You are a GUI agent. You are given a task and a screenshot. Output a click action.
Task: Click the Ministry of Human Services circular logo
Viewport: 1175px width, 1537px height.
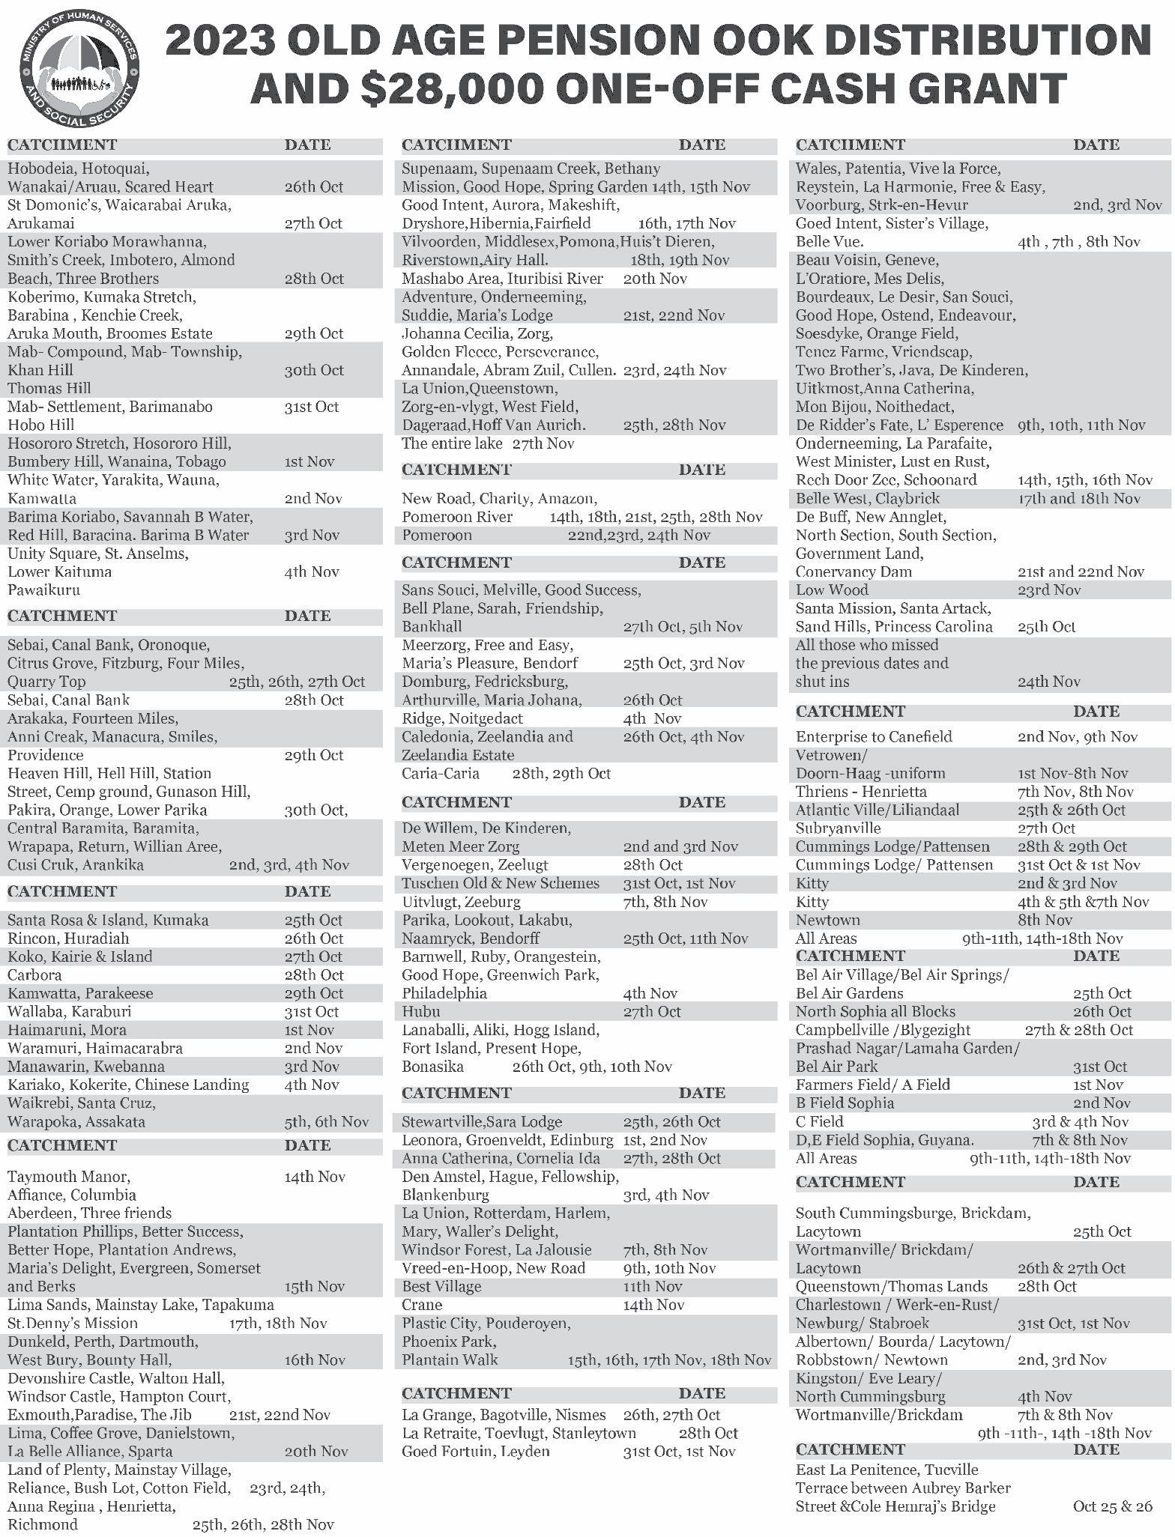pyautogui.click(x=81, y=68)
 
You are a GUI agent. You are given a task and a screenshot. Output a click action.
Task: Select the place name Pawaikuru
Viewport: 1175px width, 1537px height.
pyautogui.click(x=43, y=590)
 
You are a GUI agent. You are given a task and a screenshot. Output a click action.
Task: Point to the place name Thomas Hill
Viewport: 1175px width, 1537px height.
pyautogui.click(x=49, y=388)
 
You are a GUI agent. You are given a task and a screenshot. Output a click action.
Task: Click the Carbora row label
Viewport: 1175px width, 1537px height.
pyautogui.click(x=34, y=975)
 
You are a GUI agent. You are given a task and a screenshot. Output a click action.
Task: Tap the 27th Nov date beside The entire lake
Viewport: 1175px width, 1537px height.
pyautogui.click(x=543, y=443)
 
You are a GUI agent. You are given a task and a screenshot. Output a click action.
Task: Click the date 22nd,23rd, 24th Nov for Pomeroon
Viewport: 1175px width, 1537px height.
pyautogui.click(x=638, y=535)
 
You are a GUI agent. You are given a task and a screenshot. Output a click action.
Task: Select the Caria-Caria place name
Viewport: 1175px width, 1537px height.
pyautogui.click(x=441, y=773)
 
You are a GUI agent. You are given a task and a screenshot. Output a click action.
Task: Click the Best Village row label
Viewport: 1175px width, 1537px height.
pyautogui.click(x=441, y=1287)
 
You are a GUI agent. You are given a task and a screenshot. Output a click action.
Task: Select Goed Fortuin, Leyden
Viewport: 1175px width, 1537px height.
pyautogui.click(x=476, y=1452)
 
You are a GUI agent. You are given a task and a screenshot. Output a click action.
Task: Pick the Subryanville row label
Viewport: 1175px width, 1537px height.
pyautogui.click(x=838, y=828)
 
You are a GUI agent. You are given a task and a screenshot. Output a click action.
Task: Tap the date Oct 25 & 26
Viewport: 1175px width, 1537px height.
pyautogui.click(x=1112, y=1506)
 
